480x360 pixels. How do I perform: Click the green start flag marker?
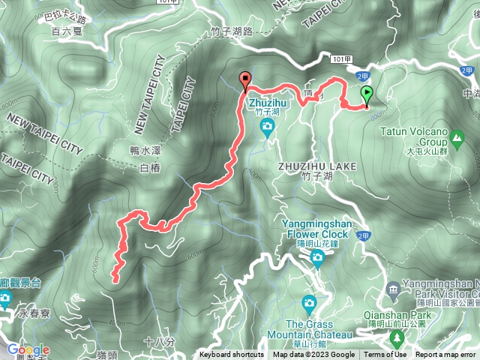click(367, 95)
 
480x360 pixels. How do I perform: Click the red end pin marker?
click(244, 79)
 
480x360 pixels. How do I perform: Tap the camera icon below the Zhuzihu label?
click(267, 127)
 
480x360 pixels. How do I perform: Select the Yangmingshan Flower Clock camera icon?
click(317, 259)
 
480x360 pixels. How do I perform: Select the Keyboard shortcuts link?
click(232, 355)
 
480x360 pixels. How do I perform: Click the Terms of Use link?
click(385, 355)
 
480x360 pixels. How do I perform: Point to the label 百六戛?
click(67, 31)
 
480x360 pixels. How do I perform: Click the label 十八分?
click(159, 342)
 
